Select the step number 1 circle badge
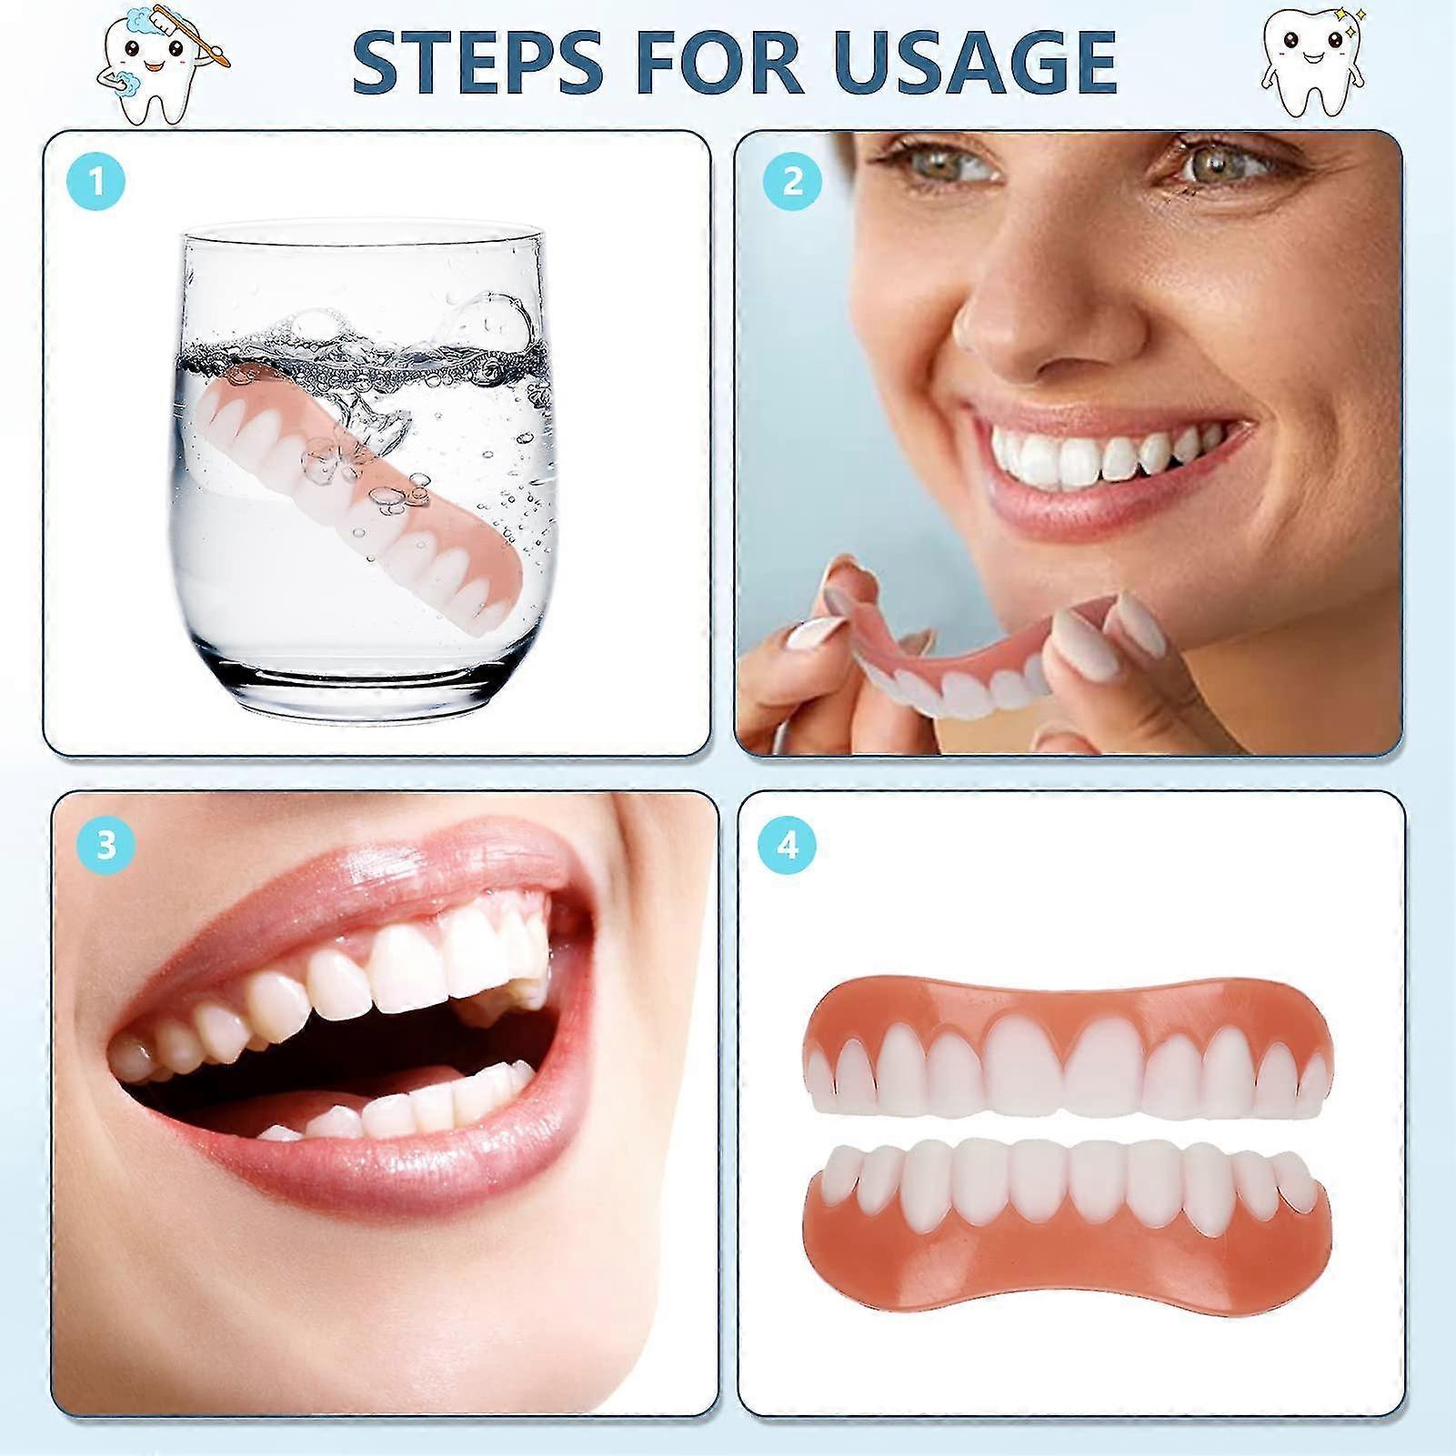pyautogui.click(x=95, y=182)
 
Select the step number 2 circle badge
pyautogui.click(x=792, y=182)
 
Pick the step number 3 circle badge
pyautogui.click(x=106, y=845)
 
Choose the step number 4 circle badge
pyautogui.click(x=788, y=846)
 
